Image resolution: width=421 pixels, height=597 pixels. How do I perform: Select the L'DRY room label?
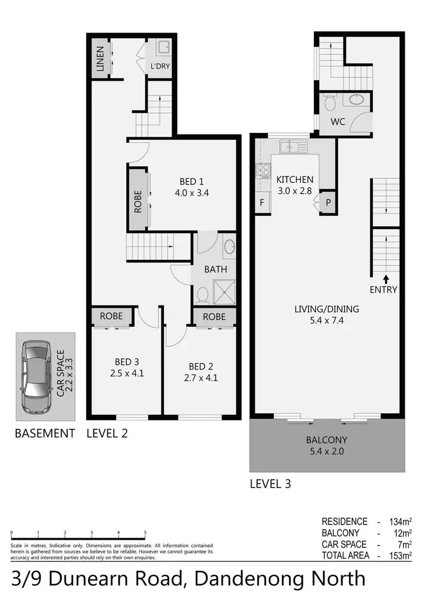160,66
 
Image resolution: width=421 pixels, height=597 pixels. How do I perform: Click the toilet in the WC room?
330,104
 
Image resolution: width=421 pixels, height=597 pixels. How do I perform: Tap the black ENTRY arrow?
386,278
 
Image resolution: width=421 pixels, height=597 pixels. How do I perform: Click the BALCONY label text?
326,440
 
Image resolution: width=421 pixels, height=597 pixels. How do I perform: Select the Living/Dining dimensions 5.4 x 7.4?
326,320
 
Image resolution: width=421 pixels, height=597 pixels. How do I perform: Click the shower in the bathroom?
224,291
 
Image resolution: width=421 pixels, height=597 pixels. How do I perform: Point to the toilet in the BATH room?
203,295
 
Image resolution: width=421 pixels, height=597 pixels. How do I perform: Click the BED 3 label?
127,362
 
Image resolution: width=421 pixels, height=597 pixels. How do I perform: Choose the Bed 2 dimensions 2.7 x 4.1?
201,378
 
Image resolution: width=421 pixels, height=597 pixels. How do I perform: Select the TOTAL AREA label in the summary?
345,555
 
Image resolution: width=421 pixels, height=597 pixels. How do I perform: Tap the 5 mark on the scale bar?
145,533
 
